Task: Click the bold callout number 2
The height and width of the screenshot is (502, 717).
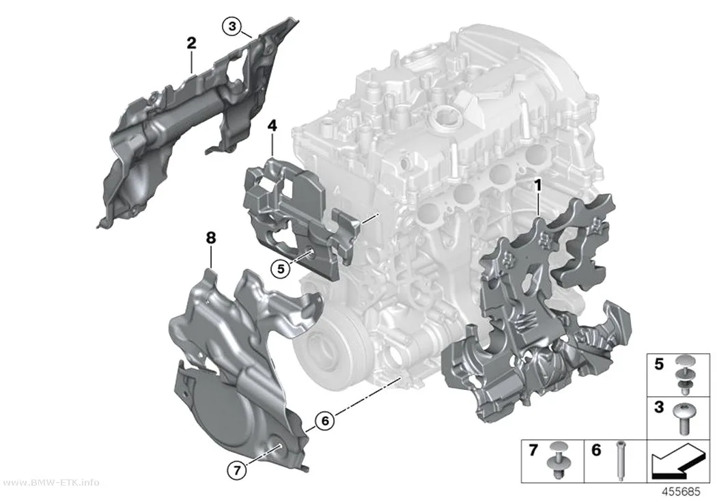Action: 192,44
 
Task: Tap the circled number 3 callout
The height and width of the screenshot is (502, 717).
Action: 232,26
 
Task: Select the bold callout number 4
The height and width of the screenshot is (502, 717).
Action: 272,126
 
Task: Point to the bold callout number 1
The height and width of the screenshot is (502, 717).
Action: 538,186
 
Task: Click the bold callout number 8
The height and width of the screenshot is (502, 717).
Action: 211,238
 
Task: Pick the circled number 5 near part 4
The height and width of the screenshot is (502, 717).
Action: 280,269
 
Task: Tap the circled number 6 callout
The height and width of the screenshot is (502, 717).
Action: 325,420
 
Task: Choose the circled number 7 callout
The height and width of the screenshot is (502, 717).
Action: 237,469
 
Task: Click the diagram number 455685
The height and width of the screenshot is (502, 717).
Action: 681,492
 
